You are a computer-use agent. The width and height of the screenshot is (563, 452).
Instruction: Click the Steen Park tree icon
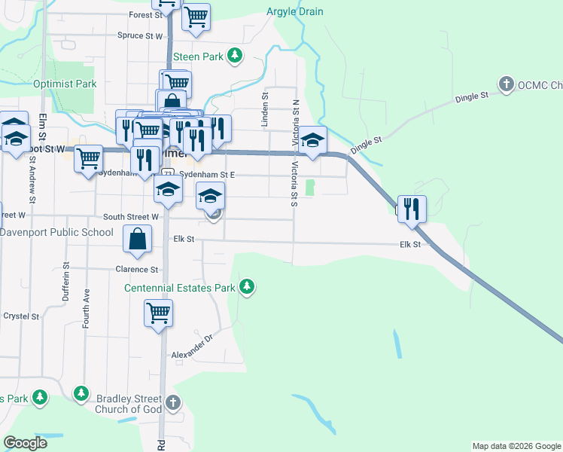pos(236,56)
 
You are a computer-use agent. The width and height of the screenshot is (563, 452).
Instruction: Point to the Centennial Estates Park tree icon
pos(246,287)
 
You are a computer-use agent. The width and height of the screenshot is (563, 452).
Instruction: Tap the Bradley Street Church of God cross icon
pos(173,402)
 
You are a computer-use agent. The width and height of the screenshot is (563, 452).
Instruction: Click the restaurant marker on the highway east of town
pos(412,208)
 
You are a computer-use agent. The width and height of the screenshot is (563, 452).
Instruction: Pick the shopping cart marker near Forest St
pos(196,16)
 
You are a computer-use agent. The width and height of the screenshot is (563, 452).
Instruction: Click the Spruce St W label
pos(140,35)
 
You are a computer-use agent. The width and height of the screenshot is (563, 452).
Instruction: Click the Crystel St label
pos(21,316)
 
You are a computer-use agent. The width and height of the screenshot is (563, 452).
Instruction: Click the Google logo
pos(26,443)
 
